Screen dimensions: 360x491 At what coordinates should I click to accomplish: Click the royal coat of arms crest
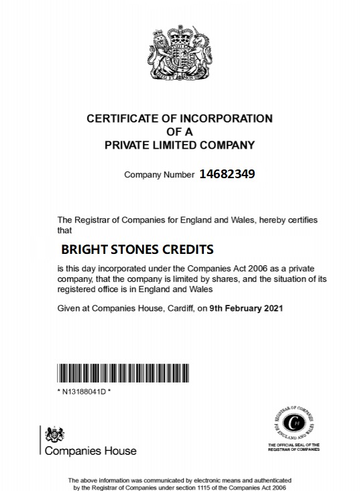tap(179, 53)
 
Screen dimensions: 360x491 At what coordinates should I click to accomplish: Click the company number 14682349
tap(227, 174)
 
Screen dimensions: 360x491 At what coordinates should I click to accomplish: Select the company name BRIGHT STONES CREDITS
tap(137, 249)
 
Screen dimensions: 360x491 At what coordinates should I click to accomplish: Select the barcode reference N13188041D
tap(84, 391)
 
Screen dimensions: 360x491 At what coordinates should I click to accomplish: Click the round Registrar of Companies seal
tap(293, 422)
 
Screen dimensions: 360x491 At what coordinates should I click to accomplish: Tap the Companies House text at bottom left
tap(90, 451)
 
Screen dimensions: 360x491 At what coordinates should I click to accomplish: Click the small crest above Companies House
tap(51, 435)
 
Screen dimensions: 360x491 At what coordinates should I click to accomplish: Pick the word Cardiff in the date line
tap(178, 309)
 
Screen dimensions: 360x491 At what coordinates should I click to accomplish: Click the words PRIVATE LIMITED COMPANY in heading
tap(179, 144)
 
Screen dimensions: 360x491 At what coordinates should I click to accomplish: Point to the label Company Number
tap(159, 175)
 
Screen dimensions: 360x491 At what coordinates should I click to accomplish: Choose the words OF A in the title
tap(179, 131)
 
